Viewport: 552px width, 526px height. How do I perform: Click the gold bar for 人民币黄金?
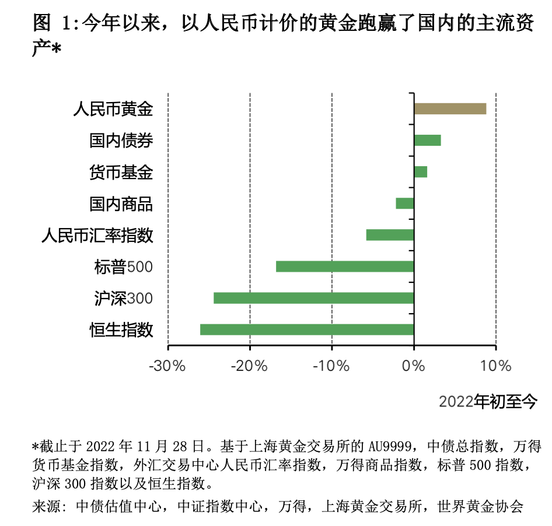click(x=450, y=108)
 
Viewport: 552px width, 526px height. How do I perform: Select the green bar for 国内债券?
click(x=427, y=140)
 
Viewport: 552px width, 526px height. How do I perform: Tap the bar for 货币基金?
click(x=420, y=171)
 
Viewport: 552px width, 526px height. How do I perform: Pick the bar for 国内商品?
click(x=404, y=203)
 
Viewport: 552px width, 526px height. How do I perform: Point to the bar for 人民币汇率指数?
click(x=390, y=234)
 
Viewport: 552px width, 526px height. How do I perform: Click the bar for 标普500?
click(x=344, y=266)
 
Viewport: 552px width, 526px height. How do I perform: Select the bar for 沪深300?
click(x=313, y=298)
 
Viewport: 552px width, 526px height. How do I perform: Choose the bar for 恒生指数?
click(x=306, y=329)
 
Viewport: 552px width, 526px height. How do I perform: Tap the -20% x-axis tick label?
click(x=249, y=366)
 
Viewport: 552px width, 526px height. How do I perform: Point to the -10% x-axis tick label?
click(x=331, y=366)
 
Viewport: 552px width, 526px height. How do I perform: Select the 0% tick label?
click(x=414, y=366)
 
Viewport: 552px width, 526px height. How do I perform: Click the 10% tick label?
click(x=496, y=366)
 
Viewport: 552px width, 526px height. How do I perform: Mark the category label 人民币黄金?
click(x=113, y=109)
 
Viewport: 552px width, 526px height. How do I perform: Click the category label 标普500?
click(x=123, y=267)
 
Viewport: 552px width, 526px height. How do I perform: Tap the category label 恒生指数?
click(x=121, y=330)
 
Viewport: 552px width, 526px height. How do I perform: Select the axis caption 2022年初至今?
click(x=487, y=401)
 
